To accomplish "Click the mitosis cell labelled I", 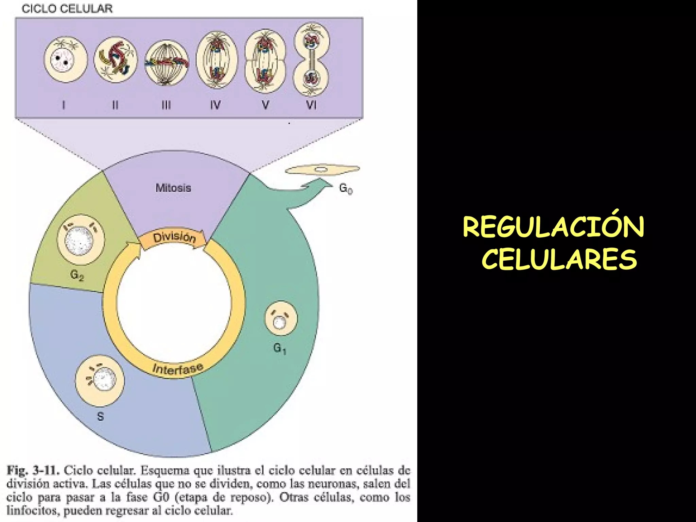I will point(66,60).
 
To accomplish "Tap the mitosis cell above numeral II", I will point(116,60).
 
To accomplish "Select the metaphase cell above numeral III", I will point(167,63).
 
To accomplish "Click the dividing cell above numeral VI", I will point(311,59).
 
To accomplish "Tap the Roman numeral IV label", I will point(215,105).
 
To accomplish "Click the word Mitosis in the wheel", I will point(173,188).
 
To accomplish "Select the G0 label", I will point(346,189).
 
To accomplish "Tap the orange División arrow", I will point(174,238).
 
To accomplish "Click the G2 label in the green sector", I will point(77,275).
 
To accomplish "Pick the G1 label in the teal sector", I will point(280,348).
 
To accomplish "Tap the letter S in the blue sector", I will point(100,416).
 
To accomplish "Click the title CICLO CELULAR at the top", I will point(67,8).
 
